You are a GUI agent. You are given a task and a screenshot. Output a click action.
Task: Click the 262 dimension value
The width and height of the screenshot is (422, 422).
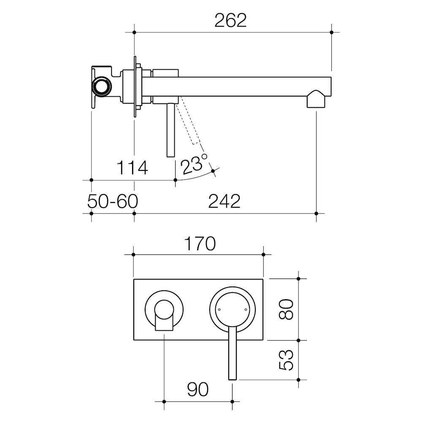click(x=230, y=21)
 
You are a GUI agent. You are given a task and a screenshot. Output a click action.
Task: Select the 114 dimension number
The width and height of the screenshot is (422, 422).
click(x=132, y=168)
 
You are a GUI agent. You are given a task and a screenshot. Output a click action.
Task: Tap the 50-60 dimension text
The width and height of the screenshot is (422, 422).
click(x=113, y=201)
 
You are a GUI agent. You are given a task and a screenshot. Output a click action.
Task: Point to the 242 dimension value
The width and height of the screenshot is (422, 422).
click(x=224, y=201)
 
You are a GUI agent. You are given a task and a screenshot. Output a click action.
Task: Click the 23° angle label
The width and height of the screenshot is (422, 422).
click(x=194, y=164)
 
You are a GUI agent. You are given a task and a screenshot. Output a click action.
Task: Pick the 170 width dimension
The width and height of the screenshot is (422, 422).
click(x=200, y=243)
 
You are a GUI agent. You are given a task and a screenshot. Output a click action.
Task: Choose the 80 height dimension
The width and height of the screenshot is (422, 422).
click(x=286, y=309)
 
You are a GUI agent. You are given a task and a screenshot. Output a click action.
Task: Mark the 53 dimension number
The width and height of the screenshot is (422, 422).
click(x=286, y=360)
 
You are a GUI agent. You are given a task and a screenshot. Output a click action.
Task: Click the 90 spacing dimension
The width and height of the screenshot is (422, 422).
click(x=198, y=389)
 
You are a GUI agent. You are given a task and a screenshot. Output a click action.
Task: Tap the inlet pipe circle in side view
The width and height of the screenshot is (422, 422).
click(x=101, y=87)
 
